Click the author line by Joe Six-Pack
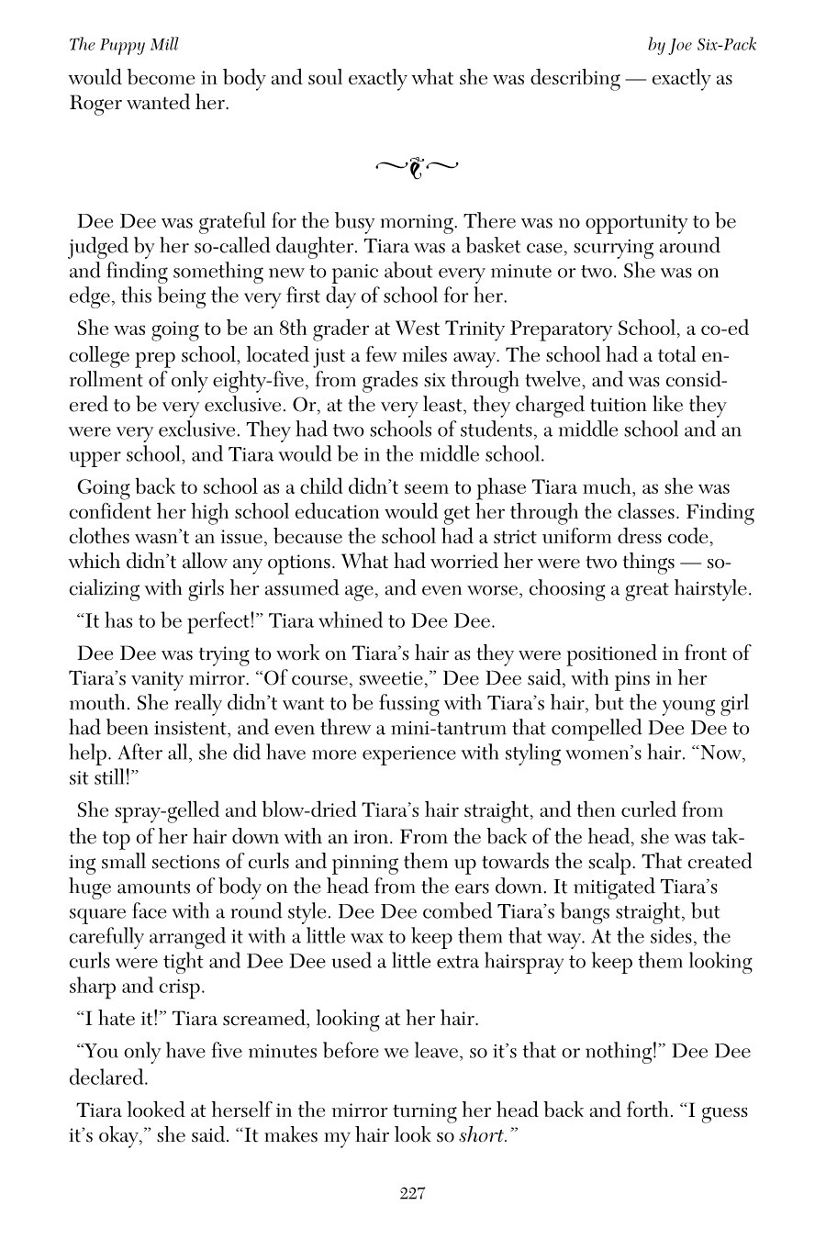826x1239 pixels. pos(702,44)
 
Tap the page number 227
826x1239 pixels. pos(412,1193)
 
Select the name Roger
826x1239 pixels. pos(96,103)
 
